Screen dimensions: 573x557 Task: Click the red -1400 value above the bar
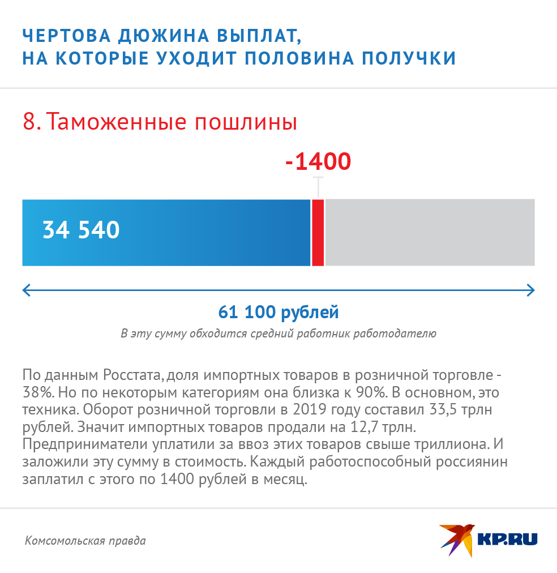click(x=319, y=162)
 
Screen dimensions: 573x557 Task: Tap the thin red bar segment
click(x=318, y=232)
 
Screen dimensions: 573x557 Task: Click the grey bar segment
click(x=430, y=232)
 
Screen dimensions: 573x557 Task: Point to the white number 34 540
click(x=81, y=230)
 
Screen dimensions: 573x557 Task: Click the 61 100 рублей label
click(x=278, y=312)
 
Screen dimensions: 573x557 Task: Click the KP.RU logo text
click(x=507, y=540)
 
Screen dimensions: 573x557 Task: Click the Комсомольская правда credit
click(x=85, y=541)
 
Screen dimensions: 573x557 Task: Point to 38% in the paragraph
click(x=36, y=392)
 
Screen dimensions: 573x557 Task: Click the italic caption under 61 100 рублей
click(x=278, y=333)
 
